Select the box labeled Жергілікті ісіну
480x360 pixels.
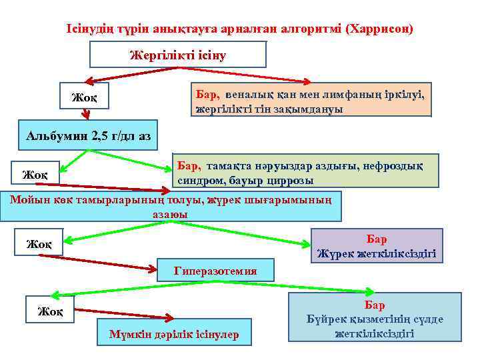pos(177,54)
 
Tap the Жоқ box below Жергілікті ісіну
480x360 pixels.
pos(84,98)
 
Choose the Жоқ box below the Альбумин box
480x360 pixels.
pos(35,174)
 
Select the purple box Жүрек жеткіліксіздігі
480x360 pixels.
pos(377,245)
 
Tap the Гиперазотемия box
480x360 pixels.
pos(215,271)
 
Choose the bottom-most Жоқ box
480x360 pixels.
pos(50,311)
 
